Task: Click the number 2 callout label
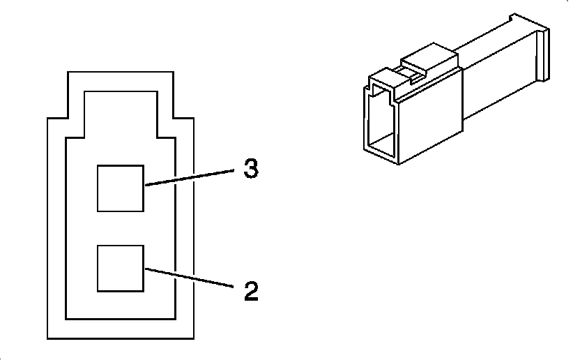(x=251, y=290)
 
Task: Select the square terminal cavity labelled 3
(x=120, y=188)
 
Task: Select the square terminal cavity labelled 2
(x=120, y=268)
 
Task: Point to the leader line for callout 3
(x=188, y=177)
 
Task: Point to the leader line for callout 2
(x=188, y=278)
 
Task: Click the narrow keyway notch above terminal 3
(x=120, y=112)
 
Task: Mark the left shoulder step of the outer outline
(x=56, y=117)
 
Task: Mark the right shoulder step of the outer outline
(x=183, y=117)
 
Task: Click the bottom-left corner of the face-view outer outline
(x=47, y=339)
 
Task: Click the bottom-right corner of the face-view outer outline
(x=192, y=339)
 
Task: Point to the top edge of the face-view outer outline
(x=120, y=70)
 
